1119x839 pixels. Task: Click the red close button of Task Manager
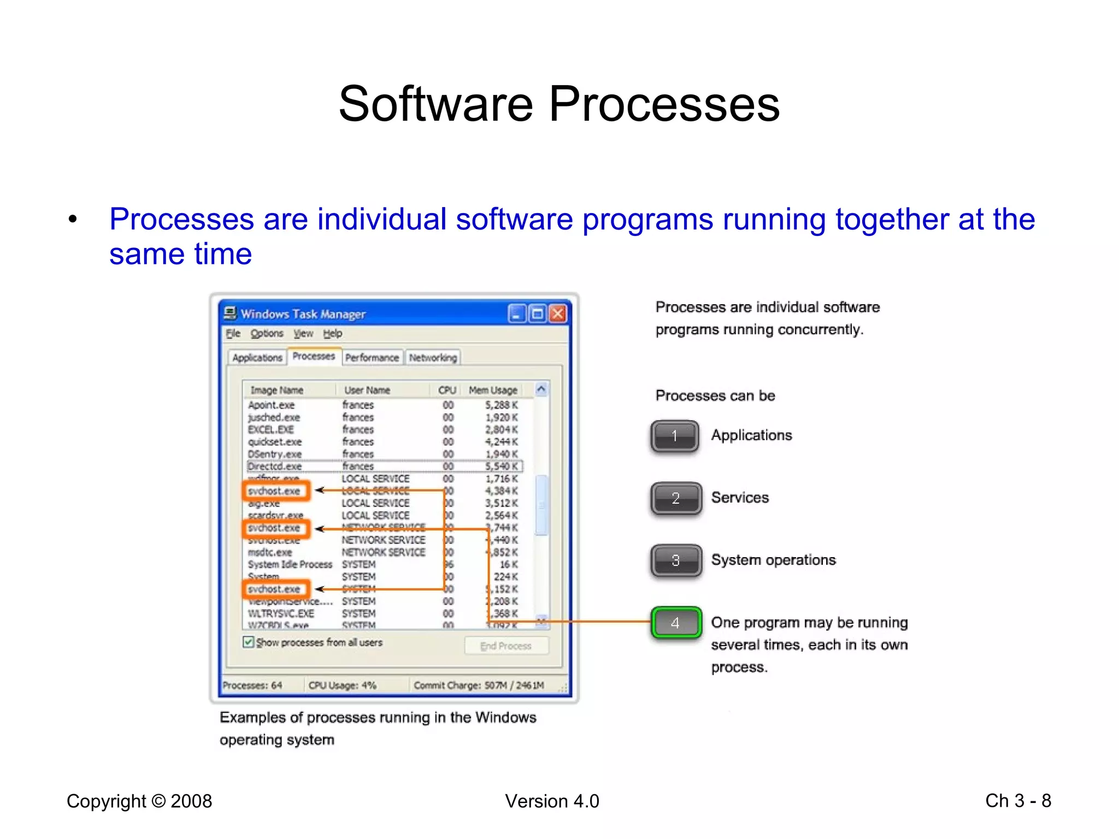557,314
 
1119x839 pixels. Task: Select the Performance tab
372,358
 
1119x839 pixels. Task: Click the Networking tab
433,358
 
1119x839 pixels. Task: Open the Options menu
267,334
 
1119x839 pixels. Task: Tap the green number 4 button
676,623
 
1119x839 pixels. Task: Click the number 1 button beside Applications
675,436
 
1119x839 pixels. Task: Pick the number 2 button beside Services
676,498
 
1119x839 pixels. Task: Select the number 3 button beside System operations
676,560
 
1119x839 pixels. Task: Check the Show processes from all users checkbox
249,642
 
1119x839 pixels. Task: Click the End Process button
506,646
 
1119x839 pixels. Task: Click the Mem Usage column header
493,390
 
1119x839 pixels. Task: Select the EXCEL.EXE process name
271,430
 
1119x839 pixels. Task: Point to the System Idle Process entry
290,565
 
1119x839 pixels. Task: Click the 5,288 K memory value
501,405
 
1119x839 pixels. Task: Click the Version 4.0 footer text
552,801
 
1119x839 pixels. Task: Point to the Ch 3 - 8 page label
1018,801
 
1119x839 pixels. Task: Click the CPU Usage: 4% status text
343,686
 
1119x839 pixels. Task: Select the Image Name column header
276,390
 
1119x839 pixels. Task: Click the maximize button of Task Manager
538,314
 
